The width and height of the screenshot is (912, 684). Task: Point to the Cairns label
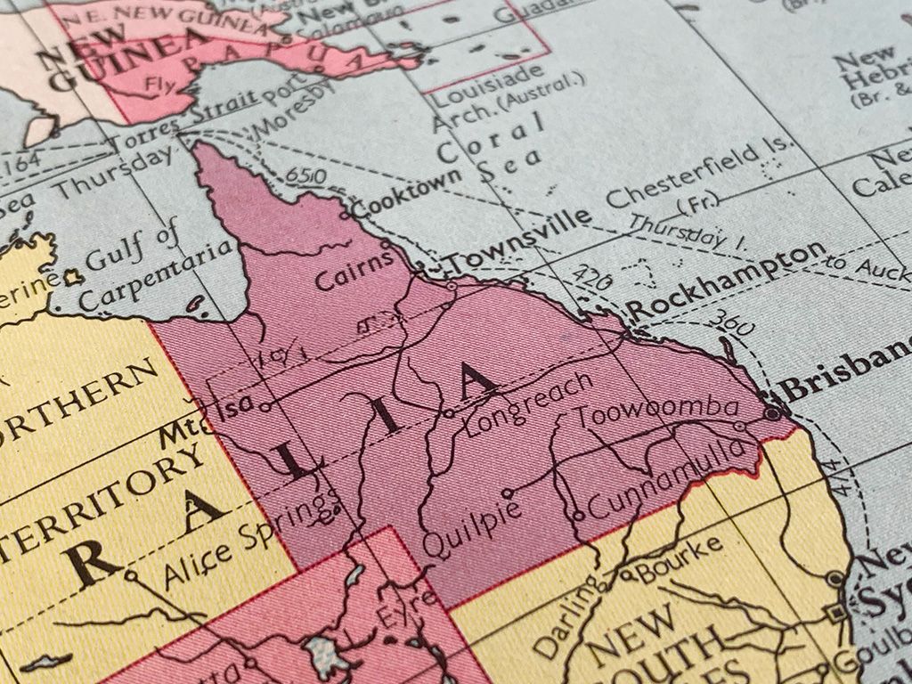tap(354, 270)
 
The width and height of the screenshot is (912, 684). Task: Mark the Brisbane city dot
tap(772, 412)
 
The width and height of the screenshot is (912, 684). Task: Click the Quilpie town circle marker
tap(507, 492)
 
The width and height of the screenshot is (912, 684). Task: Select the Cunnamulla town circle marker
tap(578, 514)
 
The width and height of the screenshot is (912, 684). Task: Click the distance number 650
tap(306, 177)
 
